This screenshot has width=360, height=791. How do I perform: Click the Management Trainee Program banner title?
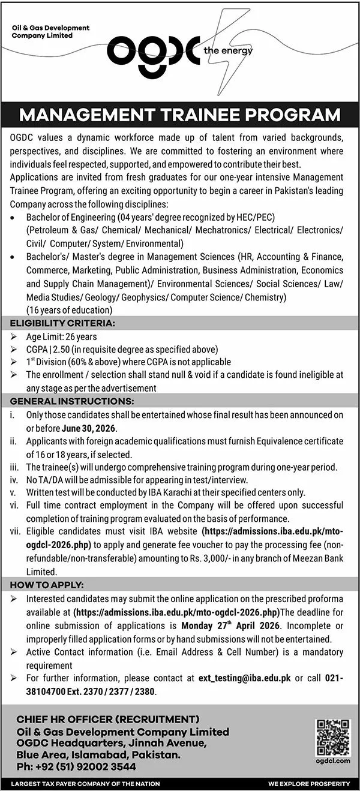180,115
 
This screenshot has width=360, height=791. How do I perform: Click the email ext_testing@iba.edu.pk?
245,678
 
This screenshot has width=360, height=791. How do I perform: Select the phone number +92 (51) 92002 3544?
76,766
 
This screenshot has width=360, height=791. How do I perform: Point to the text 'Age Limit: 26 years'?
61,337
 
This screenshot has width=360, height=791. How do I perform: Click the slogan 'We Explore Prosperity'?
309,784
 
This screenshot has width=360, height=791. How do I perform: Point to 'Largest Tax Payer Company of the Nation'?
85,784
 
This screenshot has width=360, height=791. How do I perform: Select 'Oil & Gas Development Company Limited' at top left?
50,31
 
